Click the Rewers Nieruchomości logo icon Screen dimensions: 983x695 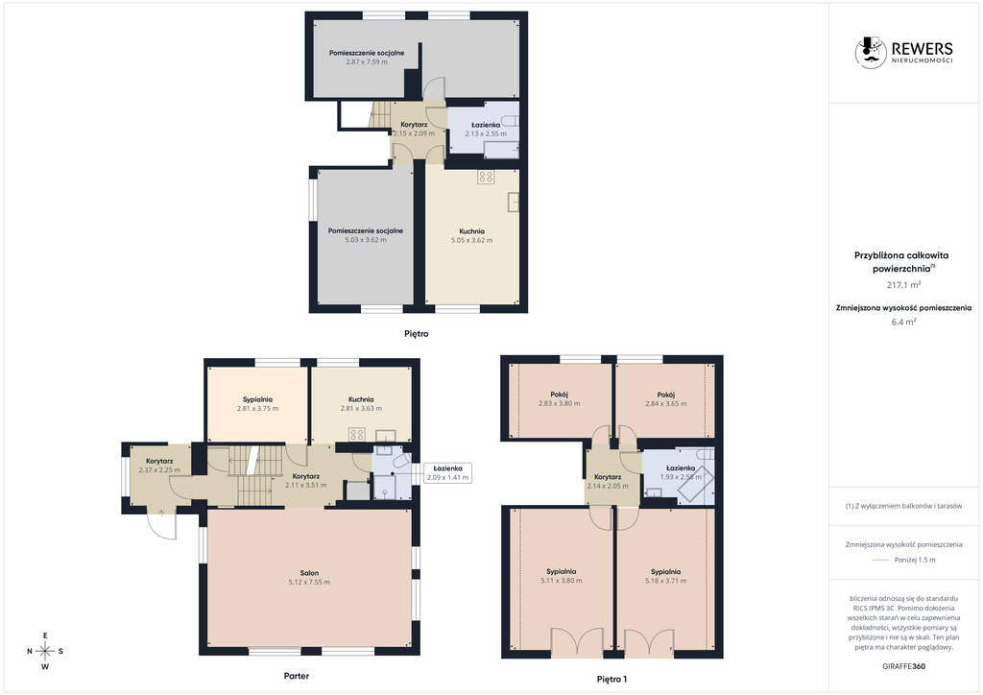pyautogui.click(x=871, y=52)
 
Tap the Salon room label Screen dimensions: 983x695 pyautogui.click(x=309, y=573)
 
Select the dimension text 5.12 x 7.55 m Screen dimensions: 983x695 pyautogui.click(x=309, y=582)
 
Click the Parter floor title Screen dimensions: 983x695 pyautogui.click(x=297, y=676)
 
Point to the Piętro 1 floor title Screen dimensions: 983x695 pyautogui.click(x=611, y=679)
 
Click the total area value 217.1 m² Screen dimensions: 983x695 pyautogui.click(x=903, y=284)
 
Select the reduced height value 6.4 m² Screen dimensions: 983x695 pyautogui.click(x=903, y=323)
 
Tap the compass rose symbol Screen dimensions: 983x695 pyautogui.click(x=45, y=651)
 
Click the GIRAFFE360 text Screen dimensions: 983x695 pyautogui.click(x=903, y=666)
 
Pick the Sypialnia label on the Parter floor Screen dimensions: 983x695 pyautogui.click(x=257, y=399)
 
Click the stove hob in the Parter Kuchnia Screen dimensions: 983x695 pyautogui.click(x=357, y=434)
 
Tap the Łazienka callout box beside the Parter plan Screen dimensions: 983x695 pyautogui.click(x=447, y=472)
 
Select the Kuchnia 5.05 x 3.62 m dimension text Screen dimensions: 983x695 pyautogui.click(x=472, y=240)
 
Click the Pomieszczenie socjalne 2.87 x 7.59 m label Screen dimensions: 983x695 pyautogui.click(x=367, y=57)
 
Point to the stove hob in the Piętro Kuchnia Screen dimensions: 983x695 pyautogui.click(x=486, y=177)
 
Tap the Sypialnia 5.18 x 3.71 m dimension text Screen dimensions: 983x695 pyautogui.click(x=666, y=581)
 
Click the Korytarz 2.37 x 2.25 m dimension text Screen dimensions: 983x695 pyautogui.click(x=159, y=470)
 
